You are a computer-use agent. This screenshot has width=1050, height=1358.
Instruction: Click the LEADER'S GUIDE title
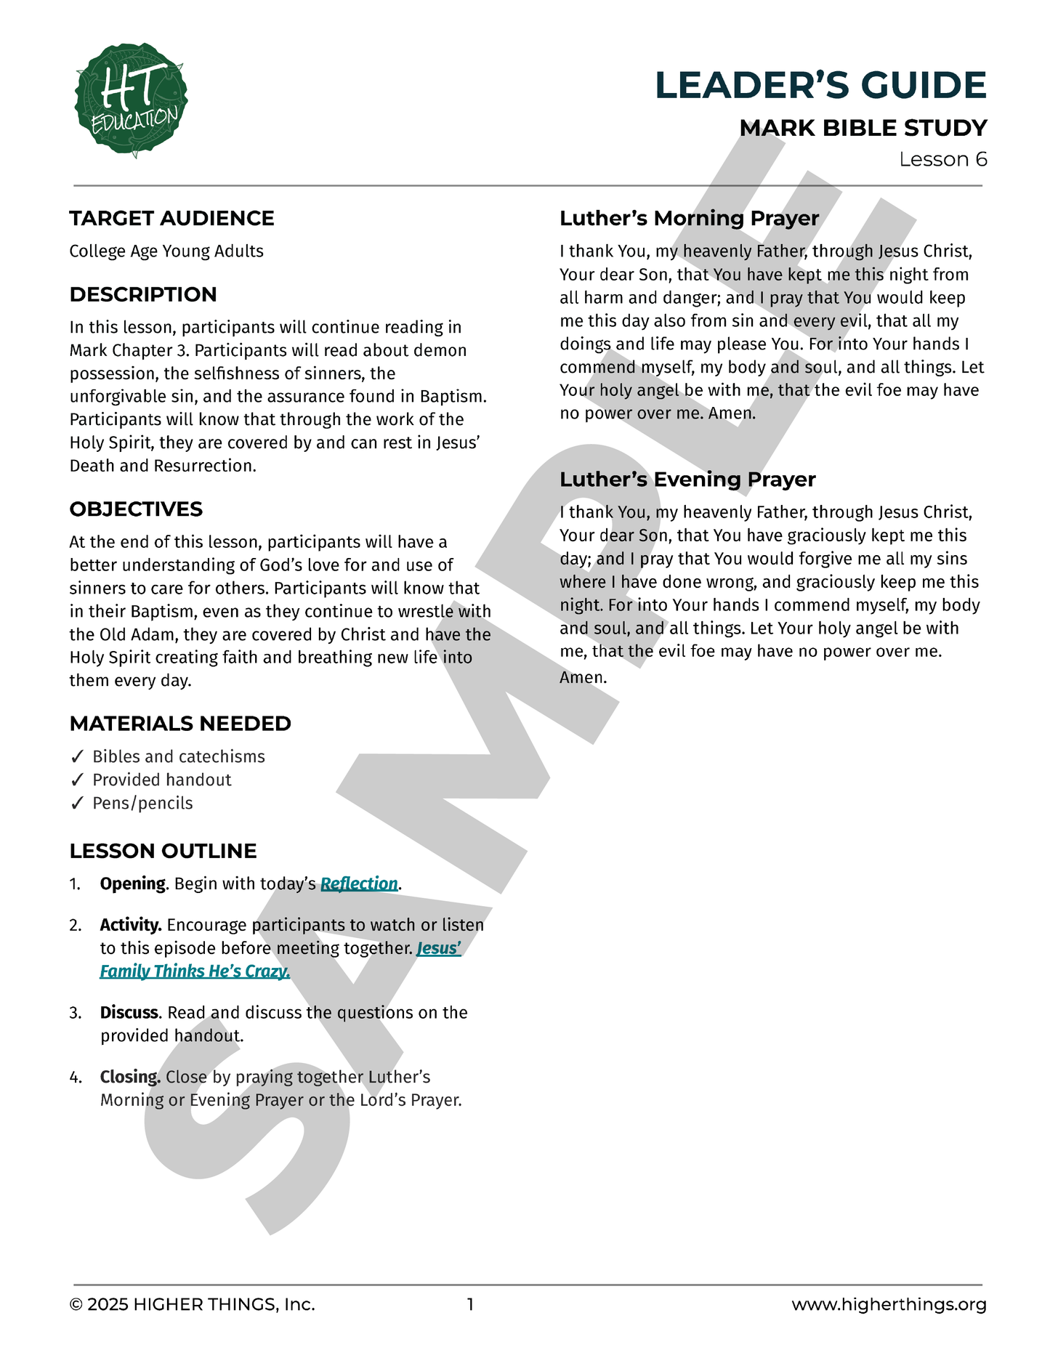820,85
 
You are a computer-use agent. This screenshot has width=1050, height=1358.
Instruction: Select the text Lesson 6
942,159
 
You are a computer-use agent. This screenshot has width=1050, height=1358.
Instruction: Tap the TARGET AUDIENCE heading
171,218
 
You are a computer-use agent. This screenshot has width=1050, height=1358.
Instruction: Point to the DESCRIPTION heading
143,294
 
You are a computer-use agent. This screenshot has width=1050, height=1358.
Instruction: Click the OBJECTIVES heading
136,509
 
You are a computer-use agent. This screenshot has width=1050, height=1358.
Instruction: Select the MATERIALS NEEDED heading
180,724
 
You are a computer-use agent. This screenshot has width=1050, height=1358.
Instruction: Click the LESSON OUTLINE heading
163,851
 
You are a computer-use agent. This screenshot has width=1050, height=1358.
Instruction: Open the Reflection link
359,884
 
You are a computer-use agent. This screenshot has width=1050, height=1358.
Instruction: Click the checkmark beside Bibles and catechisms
78,756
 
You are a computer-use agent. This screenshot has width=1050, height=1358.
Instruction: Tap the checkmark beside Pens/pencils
78,803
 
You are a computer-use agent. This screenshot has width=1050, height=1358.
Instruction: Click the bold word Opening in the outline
133,884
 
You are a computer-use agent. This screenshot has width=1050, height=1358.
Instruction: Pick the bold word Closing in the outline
130,1077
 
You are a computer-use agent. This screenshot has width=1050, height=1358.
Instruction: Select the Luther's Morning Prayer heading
689,218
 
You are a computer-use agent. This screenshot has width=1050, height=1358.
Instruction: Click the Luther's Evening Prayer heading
687,480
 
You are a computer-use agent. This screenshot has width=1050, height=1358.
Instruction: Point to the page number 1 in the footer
470,1304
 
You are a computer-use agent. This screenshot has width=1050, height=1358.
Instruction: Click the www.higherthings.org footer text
889,1304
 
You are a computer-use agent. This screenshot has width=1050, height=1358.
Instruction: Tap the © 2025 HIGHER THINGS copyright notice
192,1304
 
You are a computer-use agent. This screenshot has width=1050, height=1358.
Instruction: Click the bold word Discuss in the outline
129,1012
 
